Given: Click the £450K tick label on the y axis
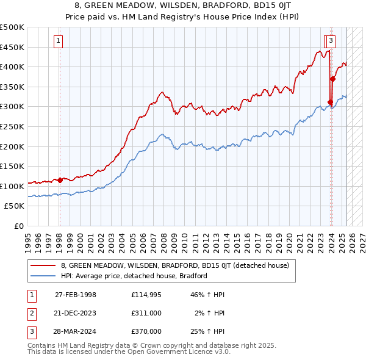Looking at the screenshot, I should point(12,47).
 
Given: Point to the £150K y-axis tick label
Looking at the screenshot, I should point(12,166).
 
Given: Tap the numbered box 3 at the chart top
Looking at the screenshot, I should point(331,41).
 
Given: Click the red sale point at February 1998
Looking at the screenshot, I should point(60,180).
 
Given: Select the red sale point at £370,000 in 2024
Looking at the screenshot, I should point(333,79).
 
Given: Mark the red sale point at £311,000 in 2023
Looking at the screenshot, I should point(330,102).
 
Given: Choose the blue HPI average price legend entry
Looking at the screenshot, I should point(134,276).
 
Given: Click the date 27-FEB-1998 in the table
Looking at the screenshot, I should point(76,295).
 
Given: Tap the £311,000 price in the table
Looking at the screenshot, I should point(146,313).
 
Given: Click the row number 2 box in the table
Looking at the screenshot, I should point(30,313).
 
